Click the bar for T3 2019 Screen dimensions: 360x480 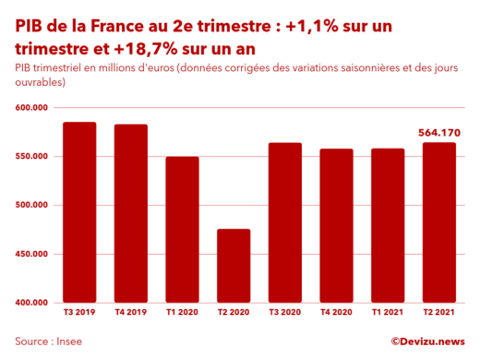(79, 212)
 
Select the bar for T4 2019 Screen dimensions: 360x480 (130, 213)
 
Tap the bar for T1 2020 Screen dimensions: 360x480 (182, 230)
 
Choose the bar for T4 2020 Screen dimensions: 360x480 (337, 226)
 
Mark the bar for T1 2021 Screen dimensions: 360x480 (388, 226)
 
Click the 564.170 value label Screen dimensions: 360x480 (439, 133)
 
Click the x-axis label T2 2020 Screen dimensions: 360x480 (234, 315)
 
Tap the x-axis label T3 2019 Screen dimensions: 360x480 (79, 315)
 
